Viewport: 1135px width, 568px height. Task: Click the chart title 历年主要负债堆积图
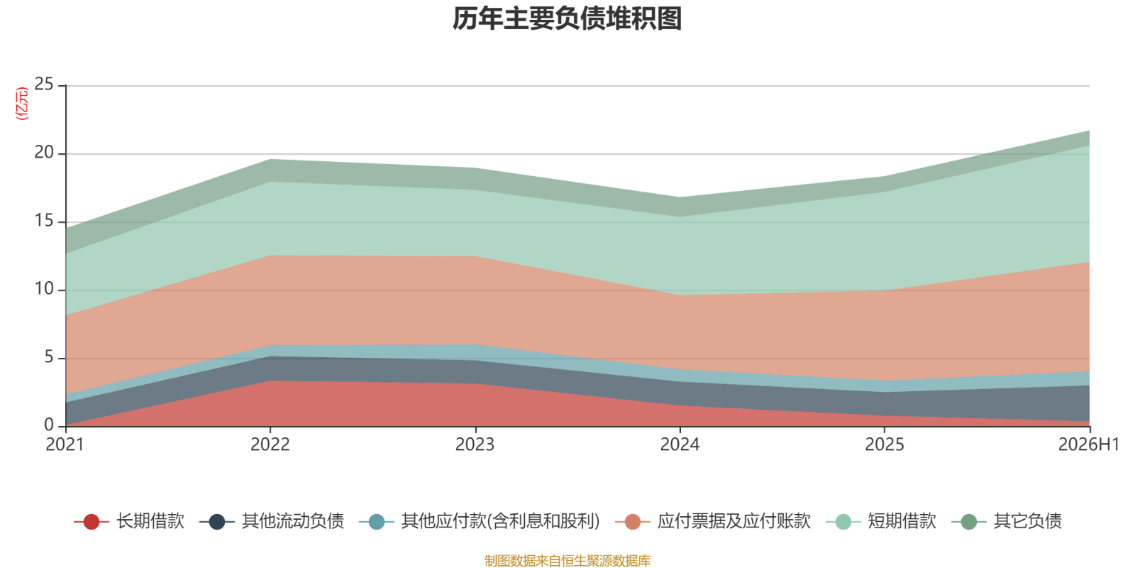[567, 18]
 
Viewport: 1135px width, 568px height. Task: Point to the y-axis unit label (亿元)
[22, 104]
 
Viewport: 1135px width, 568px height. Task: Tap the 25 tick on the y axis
[44, 84]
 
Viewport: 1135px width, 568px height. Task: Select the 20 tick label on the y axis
[44, 152]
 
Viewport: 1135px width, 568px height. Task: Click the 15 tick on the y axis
[44, 221]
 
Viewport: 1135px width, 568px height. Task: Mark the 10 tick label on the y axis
[44, 289]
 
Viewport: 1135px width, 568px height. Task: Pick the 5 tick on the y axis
[49, 357]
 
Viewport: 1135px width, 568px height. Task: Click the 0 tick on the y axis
[49, 425]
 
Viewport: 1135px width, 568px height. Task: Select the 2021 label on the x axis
[65, 444]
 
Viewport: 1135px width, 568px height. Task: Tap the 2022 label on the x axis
[270, 444]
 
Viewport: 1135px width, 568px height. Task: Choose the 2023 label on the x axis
[475, 444]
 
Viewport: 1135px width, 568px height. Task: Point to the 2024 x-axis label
[680, 444]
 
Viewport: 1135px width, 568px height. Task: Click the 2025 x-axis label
[884, 444]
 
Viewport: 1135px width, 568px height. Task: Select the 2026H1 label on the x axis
[1088, 444]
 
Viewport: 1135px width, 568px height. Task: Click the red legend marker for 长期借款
[92, 521]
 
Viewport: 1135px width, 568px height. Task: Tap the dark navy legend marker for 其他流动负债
[217, 521]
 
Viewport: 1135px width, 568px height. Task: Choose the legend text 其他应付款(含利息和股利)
[501, 521]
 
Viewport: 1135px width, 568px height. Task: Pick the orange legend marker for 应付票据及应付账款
[633, 521]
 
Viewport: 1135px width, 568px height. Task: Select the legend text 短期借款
[902, 521]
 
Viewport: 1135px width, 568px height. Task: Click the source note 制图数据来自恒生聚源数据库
[567, 560]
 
